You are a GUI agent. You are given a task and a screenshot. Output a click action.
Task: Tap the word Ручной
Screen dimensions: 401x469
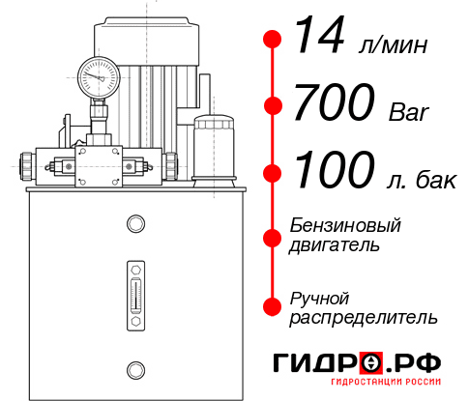[319, 297]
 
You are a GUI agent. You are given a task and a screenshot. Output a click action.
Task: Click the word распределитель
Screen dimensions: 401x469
[363, 317]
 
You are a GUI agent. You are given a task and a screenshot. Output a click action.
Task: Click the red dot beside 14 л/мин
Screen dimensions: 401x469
[273, 40]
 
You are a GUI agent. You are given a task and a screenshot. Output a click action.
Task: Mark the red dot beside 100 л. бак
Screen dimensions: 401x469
[273, 173]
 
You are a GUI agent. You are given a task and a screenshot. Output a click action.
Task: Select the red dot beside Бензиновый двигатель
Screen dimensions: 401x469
[273, 235]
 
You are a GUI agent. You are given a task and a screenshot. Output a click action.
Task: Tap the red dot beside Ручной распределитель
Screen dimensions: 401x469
[273, 306]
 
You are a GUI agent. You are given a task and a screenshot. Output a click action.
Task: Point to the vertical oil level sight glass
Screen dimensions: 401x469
[134, 290]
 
